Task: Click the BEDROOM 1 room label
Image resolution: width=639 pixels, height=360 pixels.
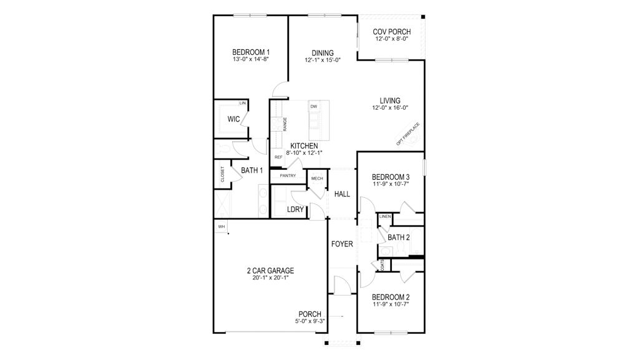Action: click(251, 52)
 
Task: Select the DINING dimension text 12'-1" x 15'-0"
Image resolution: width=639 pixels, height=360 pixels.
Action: click(323, 61)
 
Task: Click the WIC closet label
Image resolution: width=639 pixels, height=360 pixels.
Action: click(234, 119)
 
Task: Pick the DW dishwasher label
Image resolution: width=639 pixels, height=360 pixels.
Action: click(313, 107)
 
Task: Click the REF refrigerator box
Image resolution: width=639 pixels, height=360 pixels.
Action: click(278, 157)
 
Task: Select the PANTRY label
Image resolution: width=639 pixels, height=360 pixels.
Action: click(288, 176)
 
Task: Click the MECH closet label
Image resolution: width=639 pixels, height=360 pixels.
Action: click(316, 178)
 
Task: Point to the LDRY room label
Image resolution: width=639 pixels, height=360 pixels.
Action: click(295, 210)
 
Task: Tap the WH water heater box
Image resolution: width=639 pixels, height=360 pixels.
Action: click(221, 226)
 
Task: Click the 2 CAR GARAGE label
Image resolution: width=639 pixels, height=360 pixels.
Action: click(270, 271)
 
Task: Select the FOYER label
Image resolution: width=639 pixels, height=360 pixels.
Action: click(342, 244)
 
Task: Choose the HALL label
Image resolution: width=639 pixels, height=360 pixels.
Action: click(342, 194)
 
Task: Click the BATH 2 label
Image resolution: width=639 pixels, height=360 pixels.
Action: click(398, 237)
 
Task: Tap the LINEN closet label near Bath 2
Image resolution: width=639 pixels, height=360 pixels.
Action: click(385, 216)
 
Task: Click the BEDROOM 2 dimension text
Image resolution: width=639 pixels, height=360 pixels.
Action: click(390, 304)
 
